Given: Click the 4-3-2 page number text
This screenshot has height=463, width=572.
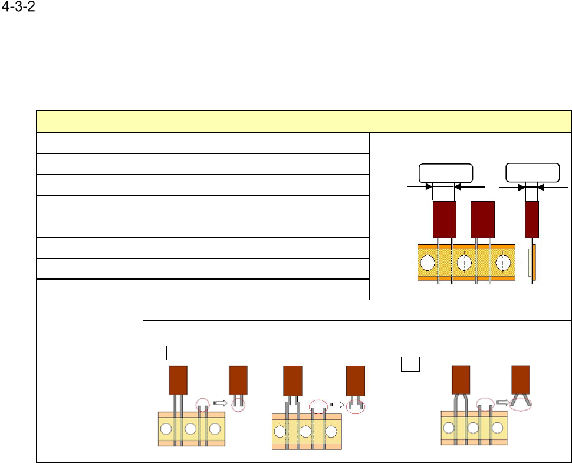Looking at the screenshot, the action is [18, 8].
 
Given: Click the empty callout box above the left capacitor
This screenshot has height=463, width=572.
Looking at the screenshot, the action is [445, 173].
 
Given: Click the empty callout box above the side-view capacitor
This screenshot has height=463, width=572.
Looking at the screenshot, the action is [533, 173].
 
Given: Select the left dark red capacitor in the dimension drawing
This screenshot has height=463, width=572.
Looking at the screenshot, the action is [444, 219].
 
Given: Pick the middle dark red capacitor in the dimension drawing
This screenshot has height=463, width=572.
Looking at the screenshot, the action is [483, 219].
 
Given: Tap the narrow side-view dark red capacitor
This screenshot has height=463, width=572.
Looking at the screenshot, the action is [532, 219].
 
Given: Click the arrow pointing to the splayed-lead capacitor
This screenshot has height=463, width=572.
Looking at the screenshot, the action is [502, 400].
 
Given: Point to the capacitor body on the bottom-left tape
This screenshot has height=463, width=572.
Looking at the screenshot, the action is [178, 380].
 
